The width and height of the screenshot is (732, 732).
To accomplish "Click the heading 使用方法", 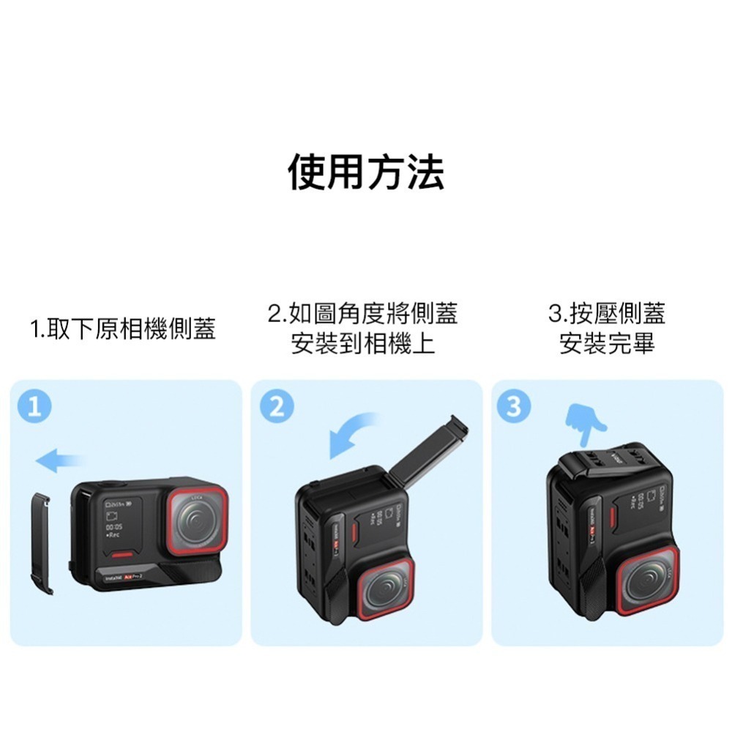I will pyautogui.click(x=365, y=173).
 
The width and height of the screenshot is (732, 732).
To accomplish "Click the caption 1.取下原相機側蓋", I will pyautogui.click(x=123, y=329).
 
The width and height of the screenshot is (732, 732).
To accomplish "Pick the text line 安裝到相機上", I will pyautogui.click(x=363, y=343).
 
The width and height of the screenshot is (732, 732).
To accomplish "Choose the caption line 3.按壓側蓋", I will pyautogui.click(x=607, y=314).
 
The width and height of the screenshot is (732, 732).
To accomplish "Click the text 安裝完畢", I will pyautogui.click(x=607, y=343).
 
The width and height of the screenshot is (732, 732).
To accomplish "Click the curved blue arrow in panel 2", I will pyautogui.click(x=351, y=436).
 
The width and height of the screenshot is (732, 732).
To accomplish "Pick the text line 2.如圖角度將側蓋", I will pyautogui.click(x=363, y=314).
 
